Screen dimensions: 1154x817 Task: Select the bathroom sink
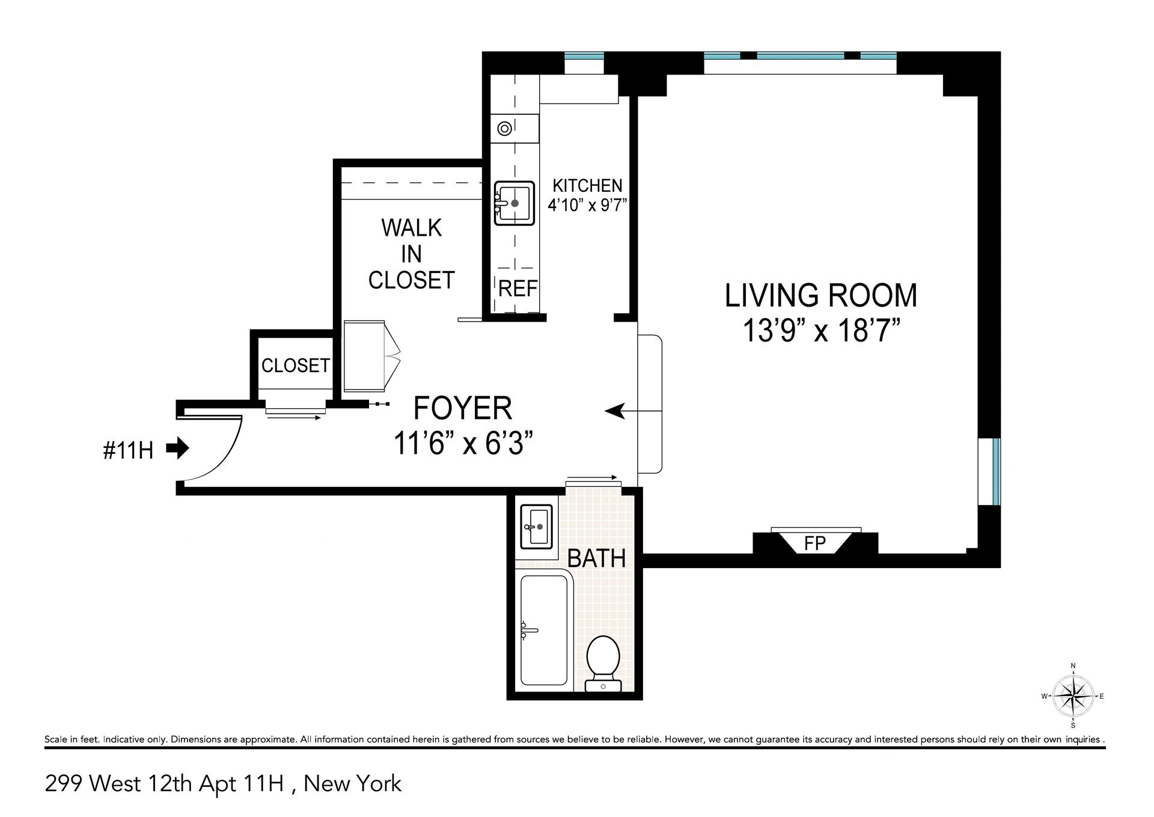point(536,527)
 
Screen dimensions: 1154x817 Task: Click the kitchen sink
point(514,203)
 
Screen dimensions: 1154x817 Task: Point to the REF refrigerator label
point(517,289)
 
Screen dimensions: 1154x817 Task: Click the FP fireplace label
point(815,543)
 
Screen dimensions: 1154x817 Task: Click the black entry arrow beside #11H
point(177,448)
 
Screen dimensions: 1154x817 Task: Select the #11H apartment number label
point(128,450)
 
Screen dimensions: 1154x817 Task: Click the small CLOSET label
point(295,365)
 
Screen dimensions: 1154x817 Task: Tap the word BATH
point(596,558)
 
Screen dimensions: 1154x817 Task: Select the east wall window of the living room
point(996,472)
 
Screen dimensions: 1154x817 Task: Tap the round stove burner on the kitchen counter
point(504,129)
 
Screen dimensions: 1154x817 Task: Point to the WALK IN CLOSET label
point(411,254)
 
